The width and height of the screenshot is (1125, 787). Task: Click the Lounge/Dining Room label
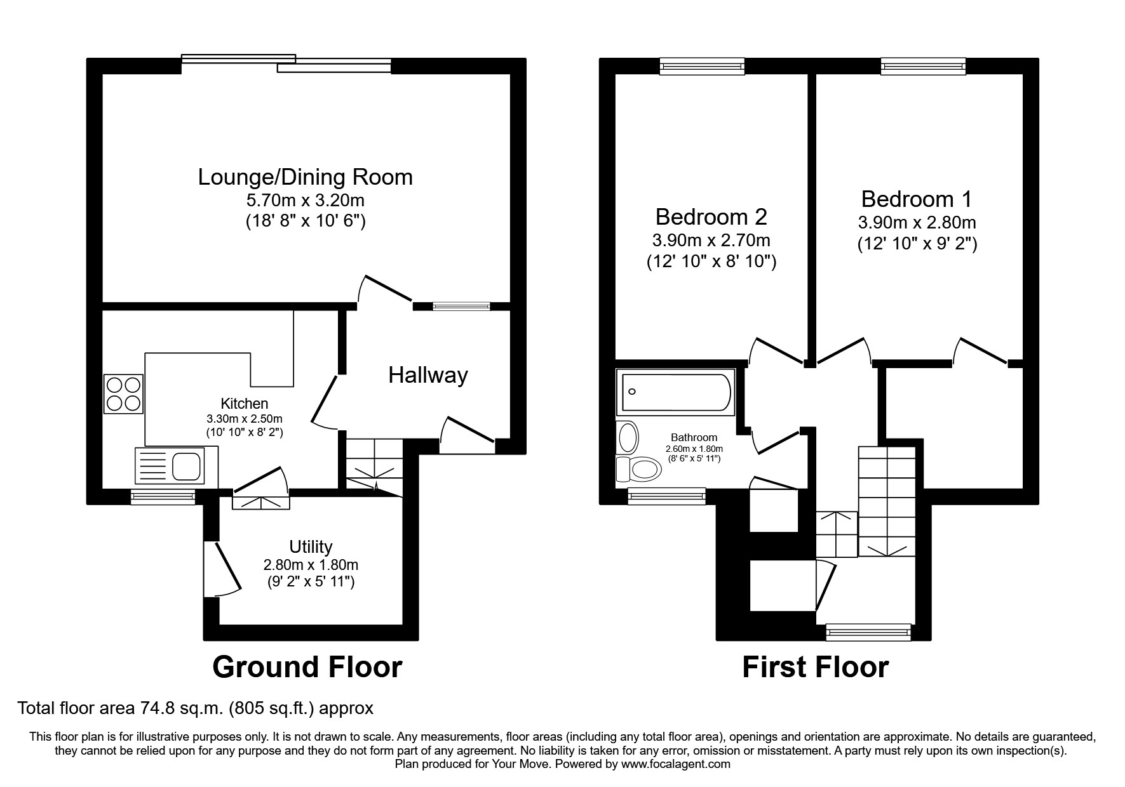pos(305,177)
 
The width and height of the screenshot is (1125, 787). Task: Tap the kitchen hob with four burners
pos(124,394)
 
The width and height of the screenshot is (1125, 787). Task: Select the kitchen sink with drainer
pos(169,464)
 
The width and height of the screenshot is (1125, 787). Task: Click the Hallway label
pos(428,375)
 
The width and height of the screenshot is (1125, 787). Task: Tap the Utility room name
pos(311,546)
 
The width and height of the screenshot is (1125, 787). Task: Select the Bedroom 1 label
pos(916,199)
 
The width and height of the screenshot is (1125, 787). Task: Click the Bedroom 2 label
pos(711,217)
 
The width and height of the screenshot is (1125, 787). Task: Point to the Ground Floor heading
pos(307,667)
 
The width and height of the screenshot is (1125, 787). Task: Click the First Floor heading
pos(815,667)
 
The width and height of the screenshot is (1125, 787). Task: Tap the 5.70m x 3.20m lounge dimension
pos(305,201)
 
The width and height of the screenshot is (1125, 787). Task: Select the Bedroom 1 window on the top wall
pos(923,65)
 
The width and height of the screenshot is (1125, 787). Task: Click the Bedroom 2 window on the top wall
pos(701,65)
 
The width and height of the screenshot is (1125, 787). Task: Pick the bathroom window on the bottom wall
pos(666,496)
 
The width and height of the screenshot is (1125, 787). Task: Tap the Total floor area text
pos(195,708)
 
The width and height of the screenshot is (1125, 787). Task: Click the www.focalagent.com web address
pos(675,764)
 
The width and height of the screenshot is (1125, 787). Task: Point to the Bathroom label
pos(694,437)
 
